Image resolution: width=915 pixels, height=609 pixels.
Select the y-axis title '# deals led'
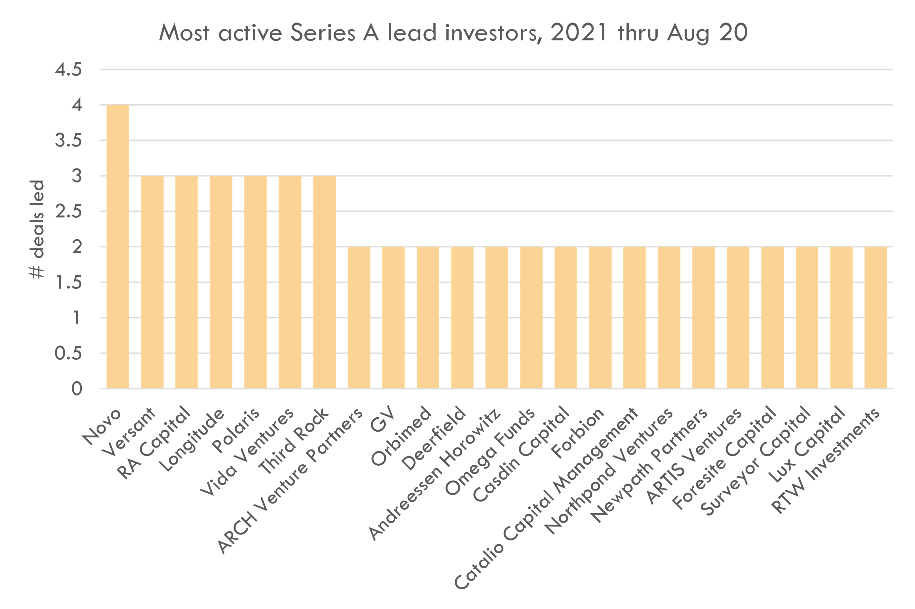(37, 229)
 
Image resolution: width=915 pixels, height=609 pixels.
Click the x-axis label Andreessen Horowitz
(435, 476)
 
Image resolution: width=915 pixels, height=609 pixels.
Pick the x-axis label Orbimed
(402, 437)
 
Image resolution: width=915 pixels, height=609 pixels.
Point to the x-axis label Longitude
(192, 441)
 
